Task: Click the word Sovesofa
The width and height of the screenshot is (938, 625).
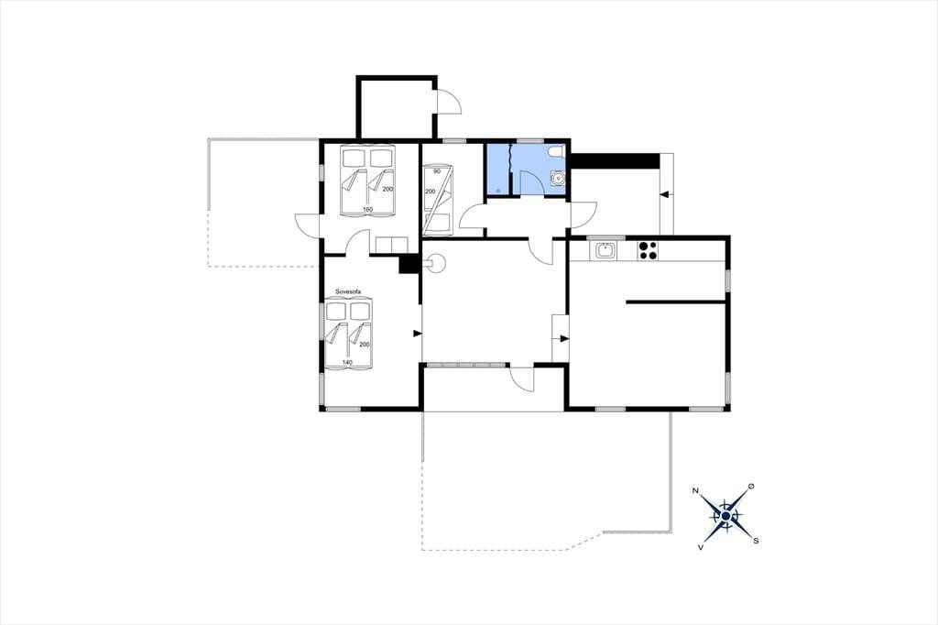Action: pos(348,291)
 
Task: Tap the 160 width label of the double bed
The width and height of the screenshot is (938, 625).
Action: pos(368,210)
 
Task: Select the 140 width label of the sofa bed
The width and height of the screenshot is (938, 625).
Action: pos(347,363)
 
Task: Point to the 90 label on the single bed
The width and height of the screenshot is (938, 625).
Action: pos(437,171)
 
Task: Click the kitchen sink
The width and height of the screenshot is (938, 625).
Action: pos(605,250)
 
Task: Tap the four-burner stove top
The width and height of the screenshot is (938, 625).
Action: pos(648,250)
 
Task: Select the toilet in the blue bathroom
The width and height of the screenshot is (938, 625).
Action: pos(558,151)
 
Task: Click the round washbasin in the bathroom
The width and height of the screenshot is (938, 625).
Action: pos(558,178)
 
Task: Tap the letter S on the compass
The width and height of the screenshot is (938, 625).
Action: pos(756,541)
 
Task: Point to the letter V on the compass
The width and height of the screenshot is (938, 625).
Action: pos(700,546)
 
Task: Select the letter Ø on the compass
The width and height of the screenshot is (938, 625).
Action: pos(752,486)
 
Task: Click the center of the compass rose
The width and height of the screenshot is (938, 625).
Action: pos(725,516)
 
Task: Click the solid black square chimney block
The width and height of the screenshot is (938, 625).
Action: pos(409,264)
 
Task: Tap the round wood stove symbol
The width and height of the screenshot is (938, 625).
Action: pos(435,262)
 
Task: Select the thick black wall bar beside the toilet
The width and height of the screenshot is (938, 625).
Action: pos(615,161)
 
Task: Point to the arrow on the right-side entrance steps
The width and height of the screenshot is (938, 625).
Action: pos(664,194)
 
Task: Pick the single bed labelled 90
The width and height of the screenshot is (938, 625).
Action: pos(437,201)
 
